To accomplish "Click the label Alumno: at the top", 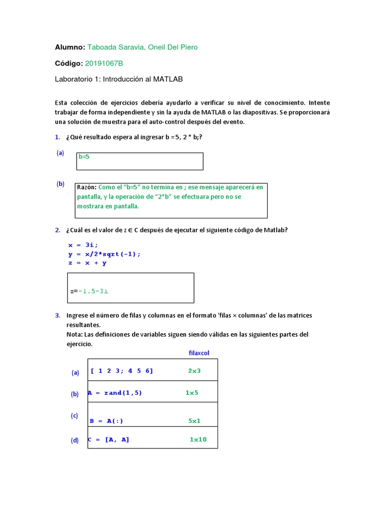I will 70,47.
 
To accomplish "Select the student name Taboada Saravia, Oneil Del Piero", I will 142,47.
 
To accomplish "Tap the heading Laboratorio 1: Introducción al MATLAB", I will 118,79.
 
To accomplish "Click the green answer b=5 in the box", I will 84,157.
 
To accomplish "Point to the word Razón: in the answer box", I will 87,187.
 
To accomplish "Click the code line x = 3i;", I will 83,245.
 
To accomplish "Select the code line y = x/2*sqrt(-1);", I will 104,254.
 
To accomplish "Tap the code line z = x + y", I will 87,263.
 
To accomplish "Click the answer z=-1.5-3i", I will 89,291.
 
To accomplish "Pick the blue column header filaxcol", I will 199,353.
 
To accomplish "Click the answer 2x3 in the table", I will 194,371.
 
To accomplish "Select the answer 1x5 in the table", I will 192,393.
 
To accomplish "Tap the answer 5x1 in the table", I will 195,421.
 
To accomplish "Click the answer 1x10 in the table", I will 198,439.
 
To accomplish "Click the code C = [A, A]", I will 108,439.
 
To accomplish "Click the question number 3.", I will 58,316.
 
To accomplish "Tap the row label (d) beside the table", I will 75,441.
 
